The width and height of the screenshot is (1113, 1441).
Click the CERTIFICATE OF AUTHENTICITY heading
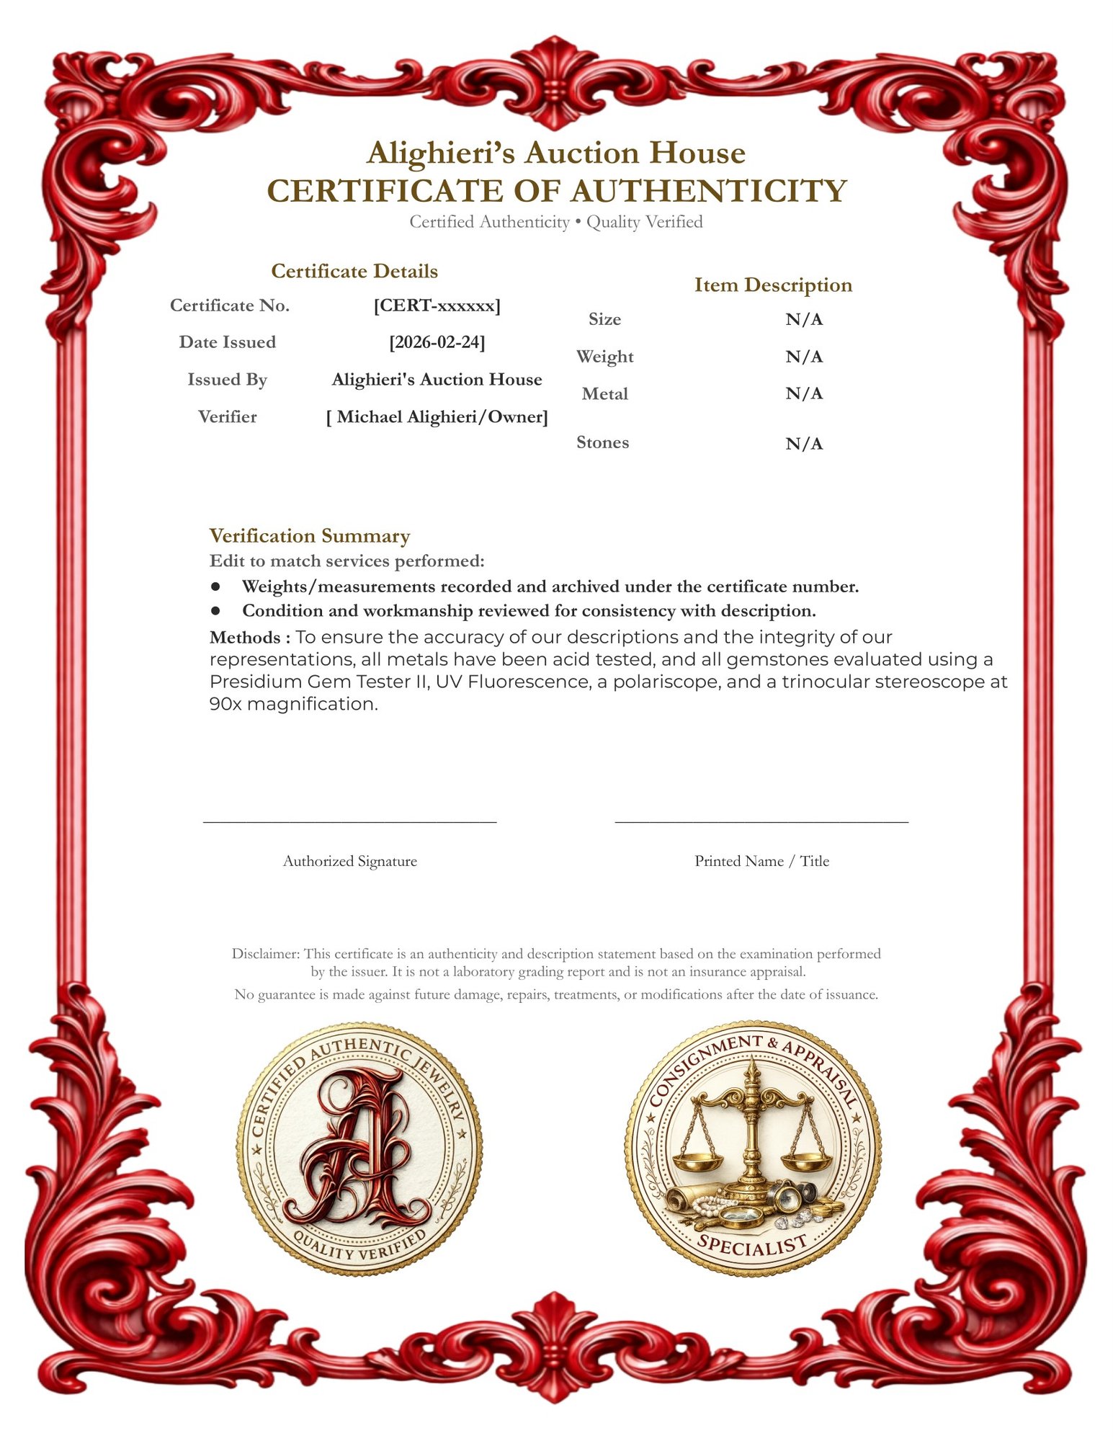click(556, 191)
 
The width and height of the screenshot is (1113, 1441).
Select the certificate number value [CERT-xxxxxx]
click(437, 305)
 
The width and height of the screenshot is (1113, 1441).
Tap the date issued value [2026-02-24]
click(437, 342)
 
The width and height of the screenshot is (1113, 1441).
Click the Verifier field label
click(227, 416)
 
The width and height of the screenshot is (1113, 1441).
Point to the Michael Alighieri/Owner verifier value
click(437, 416)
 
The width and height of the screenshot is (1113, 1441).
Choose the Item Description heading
click(772, 285)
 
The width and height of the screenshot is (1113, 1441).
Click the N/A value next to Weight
click(803, 357)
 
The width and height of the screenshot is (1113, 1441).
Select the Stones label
click(602, 442)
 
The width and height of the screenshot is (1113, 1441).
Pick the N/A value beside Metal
click(803, 393)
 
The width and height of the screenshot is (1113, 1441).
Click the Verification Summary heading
click(309, 535)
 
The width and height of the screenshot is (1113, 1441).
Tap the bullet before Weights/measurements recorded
click(215, 586)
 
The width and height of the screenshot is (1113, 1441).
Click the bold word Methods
click(245, 638)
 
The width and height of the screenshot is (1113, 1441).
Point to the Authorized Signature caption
click(349, 861)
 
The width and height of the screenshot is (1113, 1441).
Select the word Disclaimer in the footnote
click(264, 953)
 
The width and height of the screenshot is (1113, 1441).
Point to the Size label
click(604, 319)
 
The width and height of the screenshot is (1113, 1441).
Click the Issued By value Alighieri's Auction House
click(437, 379)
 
